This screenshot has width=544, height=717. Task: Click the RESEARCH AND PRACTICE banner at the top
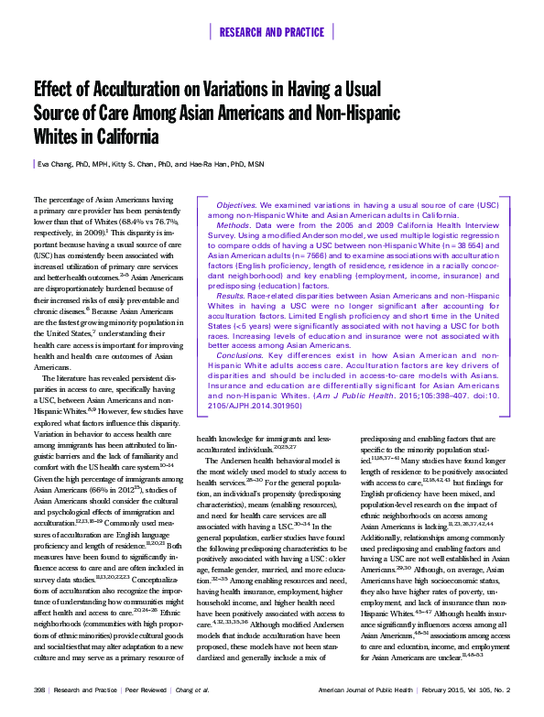point(272,32)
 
